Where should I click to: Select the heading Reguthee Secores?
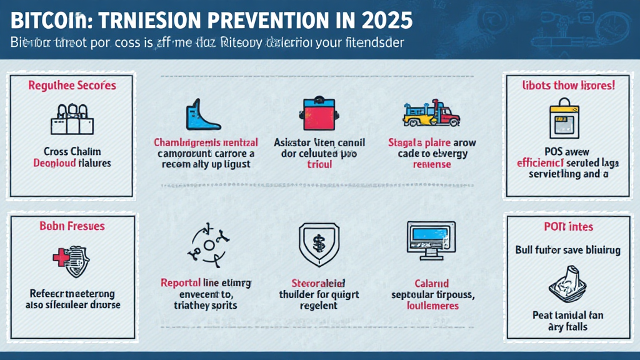(x=72, y=85)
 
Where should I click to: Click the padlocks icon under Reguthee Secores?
(x=71, y=118)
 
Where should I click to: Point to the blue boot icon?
(x=201, y=115)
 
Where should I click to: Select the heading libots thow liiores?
(x=568, y=86)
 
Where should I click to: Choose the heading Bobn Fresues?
(x=72, y=226)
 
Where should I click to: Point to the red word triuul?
(x=319, y=164)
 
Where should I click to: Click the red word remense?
(x=432, y=164)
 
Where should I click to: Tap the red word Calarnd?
(x=432, y=283)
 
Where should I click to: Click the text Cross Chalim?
(x=72, y=151)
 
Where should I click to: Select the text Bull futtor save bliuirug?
(x=568, y=250)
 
